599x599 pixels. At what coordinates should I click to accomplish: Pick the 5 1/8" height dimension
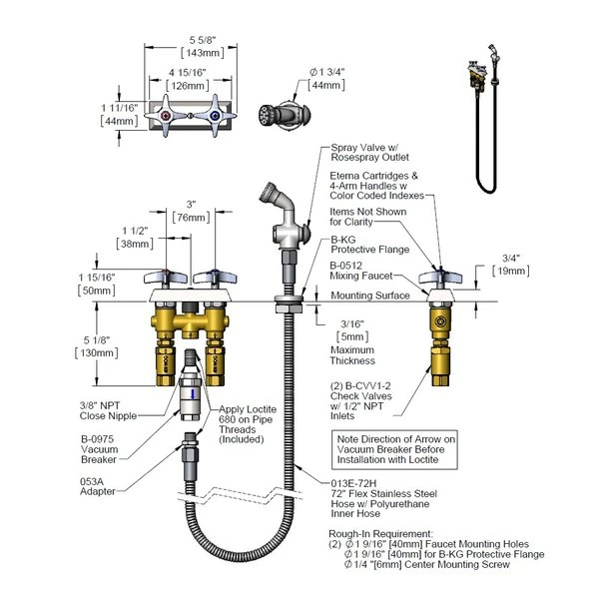tap(120, 344)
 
